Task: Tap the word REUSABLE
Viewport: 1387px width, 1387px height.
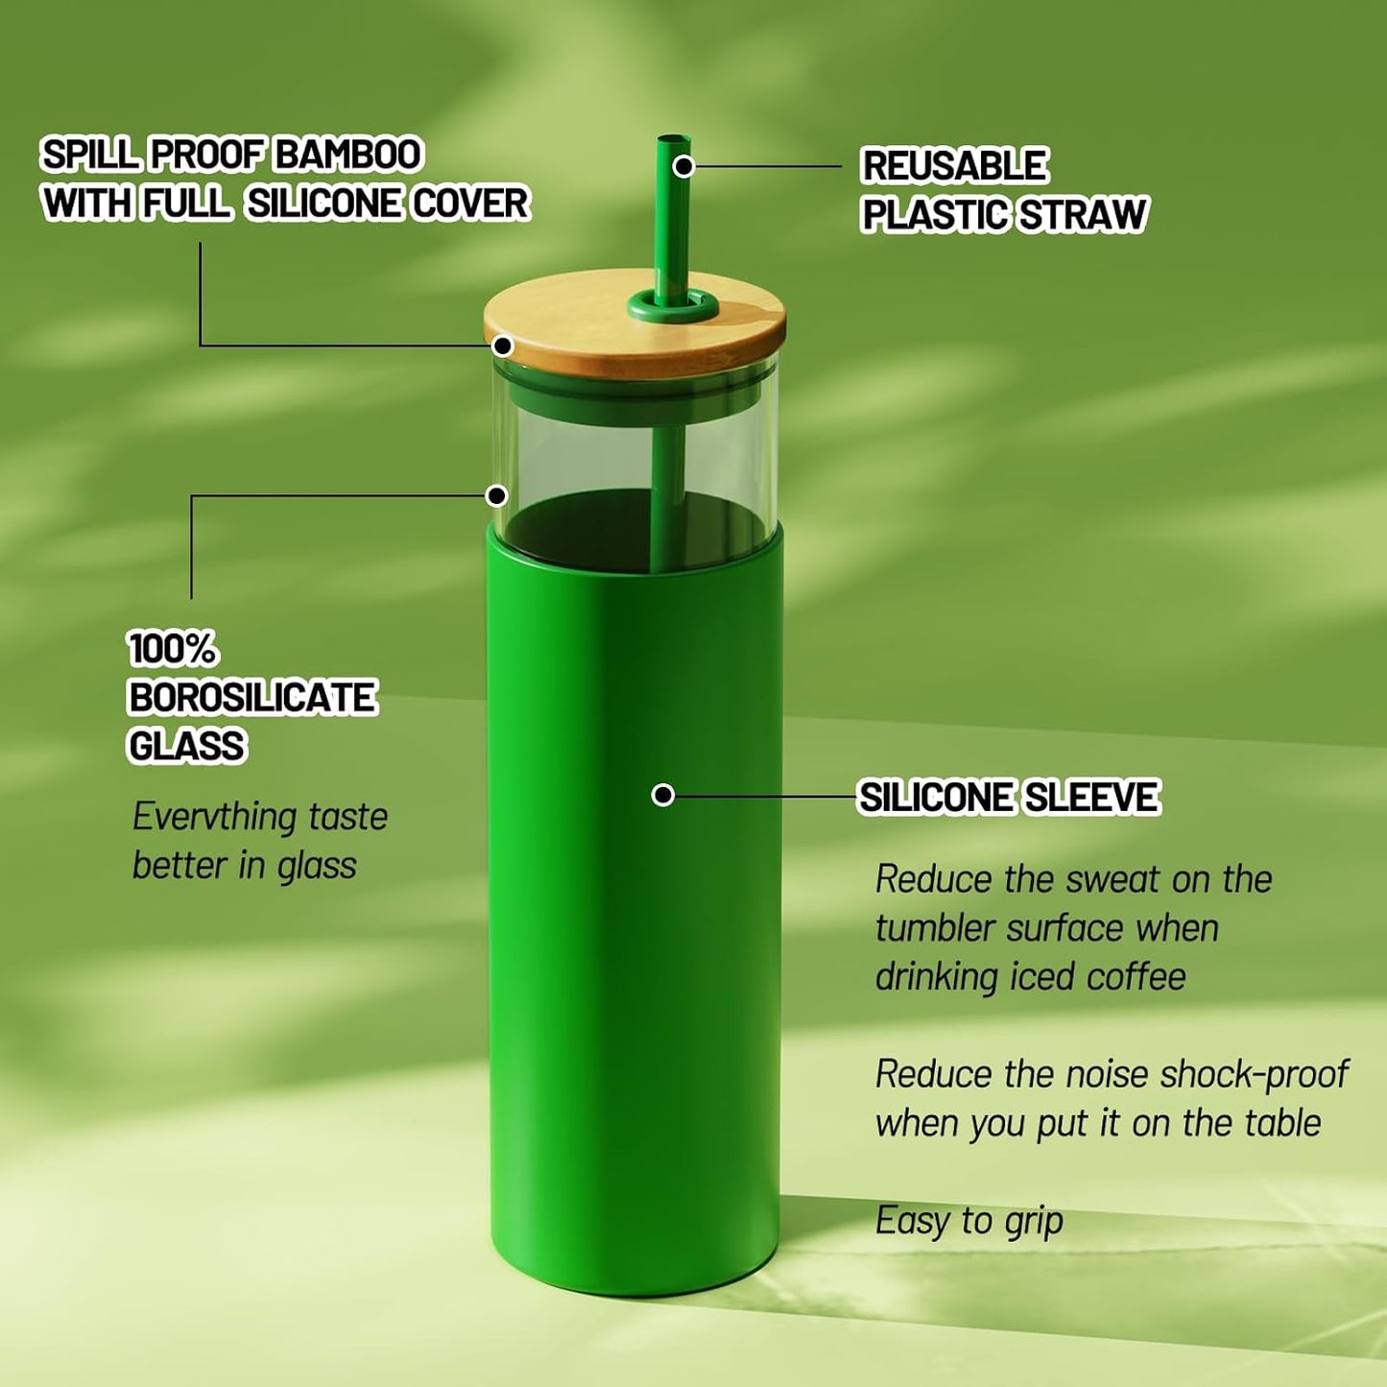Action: [954, 166]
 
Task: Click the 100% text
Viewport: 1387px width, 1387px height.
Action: [172, 649]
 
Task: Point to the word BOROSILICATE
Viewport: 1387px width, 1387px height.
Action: [251, 697]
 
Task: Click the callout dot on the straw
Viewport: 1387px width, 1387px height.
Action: [683, 166]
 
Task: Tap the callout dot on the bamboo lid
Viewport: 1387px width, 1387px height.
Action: [502, 347]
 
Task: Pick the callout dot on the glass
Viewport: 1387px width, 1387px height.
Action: [496, 496]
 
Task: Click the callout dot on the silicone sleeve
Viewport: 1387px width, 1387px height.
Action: [663, 796]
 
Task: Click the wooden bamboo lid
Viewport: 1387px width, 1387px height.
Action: [634, 321]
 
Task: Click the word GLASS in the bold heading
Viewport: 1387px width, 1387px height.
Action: [187, 745]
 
